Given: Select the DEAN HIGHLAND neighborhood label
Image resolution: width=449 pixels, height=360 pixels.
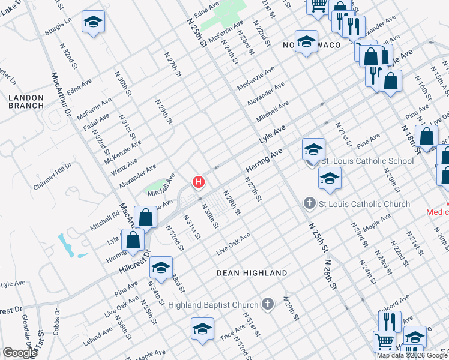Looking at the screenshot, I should [x=252, y=273].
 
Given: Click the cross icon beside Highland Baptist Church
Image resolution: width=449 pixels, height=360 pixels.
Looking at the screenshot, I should [x=268, y=305].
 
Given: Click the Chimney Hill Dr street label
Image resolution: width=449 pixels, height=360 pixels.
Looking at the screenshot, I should [x=52, y=176].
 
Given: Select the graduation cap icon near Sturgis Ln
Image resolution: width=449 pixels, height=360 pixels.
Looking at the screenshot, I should [x=93, y=22].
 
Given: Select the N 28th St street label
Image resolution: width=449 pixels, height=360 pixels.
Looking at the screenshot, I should [x=232, y=203].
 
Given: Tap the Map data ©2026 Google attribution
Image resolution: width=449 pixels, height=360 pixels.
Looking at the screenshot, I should [x=412, y=355].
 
